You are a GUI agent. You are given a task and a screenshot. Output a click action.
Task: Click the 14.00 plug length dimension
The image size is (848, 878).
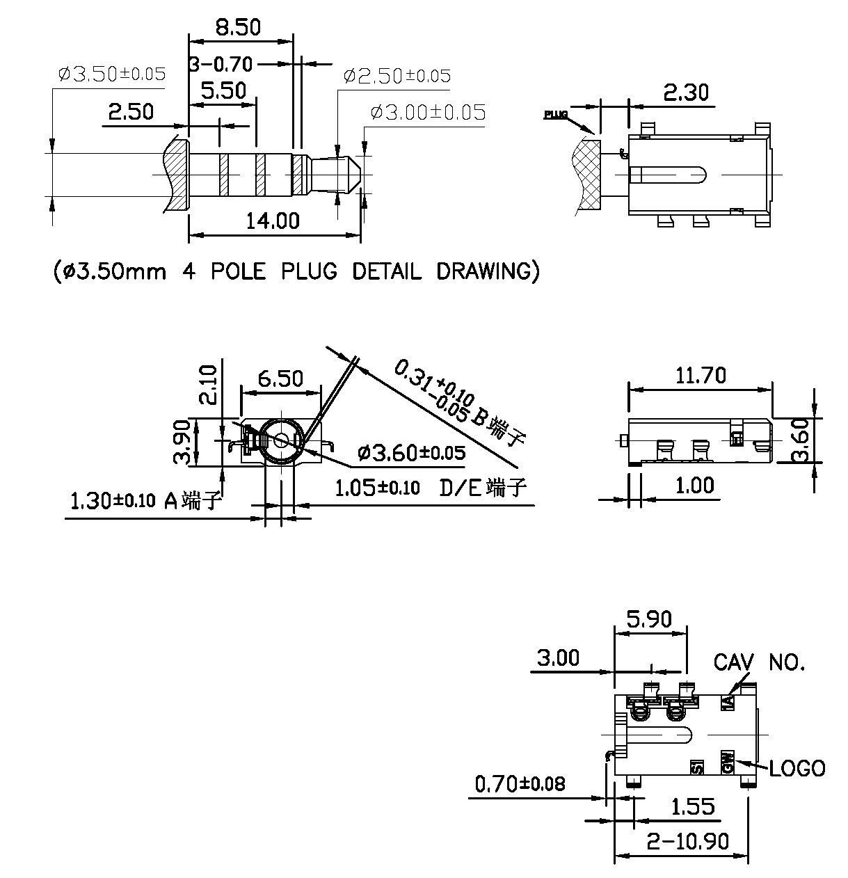[273, 221]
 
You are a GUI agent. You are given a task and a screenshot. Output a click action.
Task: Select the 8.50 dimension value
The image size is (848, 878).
[237, 28]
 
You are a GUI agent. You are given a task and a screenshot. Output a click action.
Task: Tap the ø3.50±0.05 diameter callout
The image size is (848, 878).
[112, 74]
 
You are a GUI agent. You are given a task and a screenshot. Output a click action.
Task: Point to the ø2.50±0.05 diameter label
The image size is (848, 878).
[397, 76]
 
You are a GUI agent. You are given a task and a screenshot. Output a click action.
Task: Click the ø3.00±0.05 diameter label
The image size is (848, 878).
[428, 112]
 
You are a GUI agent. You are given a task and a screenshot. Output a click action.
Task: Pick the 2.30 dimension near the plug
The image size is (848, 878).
[686, 92]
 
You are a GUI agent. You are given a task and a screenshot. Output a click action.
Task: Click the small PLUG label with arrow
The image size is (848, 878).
[556, 115]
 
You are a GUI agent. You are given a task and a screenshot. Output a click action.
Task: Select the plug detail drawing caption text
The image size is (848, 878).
[296, 271]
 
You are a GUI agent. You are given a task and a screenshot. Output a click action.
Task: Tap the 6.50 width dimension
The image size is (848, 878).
[280, 378]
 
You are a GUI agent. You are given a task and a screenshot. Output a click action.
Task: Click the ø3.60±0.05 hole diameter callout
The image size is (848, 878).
[410, 453]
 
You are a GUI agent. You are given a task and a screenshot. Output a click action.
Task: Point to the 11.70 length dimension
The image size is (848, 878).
[700, 376]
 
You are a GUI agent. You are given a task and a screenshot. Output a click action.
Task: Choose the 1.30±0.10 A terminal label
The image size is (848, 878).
[146, 500]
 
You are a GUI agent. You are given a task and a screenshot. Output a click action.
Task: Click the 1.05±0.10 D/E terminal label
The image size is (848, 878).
[430, 488]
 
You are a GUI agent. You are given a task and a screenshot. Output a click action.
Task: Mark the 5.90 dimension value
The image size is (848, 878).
[649, 618]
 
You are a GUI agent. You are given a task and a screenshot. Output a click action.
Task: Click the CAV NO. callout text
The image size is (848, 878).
[759, 662]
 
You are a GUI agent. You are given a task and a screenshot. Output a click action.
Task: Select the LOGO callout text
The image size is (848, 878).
[797, 768]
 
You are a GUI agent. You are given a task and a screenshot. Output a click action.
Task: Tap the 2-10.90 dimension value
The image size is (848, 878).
[687, 842]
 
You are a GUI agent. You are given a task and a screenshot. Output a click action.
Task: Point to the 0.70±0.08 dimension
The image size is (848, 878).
[520, 785]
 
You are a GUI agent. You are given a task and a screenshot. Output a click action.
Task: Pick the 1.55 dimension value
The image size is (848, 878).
[692, 807]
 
